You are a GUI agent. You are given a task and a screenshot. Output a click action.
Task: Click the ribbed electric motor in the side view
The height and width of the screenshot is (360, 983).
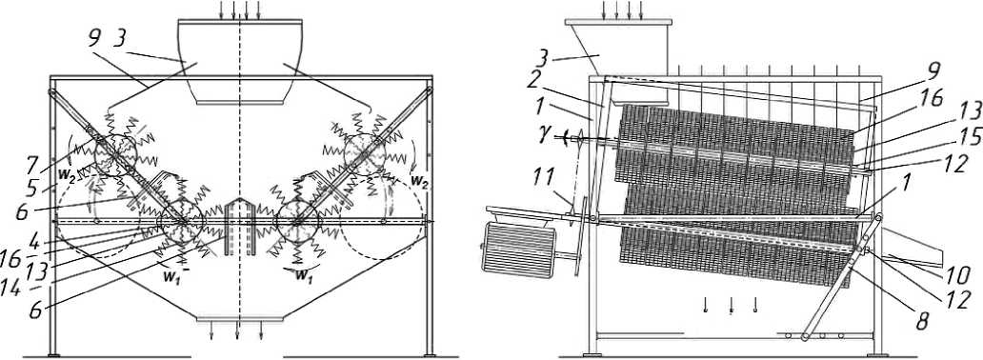(x=518, y=250)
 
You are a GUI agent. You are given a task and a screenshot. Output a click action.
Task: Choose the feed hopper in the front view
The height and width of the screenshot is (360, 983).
(x=240, y=62)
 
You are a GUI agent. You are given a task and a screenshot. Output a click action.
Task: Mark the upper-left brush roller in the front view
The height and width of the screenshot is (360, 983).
(x=115, y=155)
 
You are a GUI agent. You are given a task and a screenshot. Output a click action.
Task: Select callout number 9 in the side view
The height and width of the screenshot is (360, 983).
(x=934, y=70)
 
